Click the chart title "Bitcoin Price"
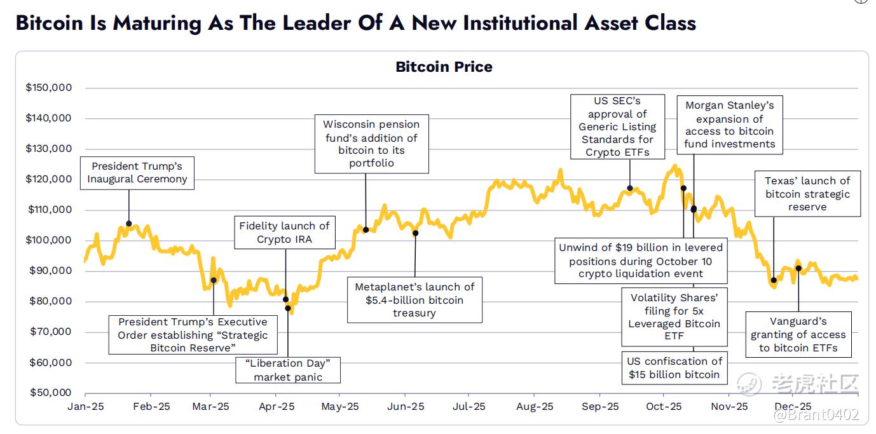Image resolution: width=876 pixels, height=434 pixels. tap(444, 67)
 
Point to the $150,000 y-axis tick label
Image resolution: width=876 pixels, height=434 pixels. tap(48, 88)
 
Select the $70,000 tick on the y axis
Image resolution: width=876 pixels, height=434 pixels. tap(48, 332)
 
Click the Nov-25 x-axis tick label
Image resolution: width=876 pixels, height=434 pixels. tap(729, 407)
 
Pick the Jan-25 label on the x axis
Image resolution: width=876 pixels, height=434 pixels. tap(85, 407)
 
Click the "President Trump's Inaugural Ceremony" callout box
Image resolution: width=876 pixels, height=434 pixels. tap(137, 172)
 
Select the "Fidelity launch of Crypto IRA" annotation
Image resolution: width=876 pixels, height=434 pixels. tap(285, 232)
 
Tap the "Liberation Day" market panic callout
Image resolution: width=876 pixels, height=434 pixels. tap(287, 370)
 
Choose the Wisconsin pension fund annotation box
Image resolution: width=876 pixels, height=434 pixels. tap(371, 144)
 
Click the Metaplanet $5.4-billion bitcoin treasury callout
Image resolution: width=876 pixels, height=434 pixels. tap(414, 300)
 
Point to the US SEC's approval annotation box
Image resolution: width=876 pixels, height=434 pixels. tap(617, 126)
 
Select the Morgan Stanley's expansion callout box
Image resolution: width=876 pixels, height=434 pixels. tap(729, 125)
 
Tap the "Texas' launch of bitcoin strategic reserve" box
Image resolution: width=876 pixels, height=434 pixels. tap(807, 194)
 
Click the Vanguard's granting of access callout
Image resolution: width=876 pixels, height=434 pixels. tap(798, 334)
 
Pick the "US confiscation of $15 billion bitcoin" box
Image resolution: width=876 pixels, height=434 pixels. tap(674, 368)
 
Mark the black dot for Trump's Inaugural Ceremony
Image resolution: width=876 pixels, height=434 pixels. tap(129, 224)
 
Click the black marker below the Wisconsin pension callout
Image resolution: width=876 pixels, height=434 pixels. tap(366, 229)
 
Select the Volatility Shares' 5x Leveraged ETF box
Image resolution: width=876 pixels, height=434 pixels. tap(674, 316)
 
